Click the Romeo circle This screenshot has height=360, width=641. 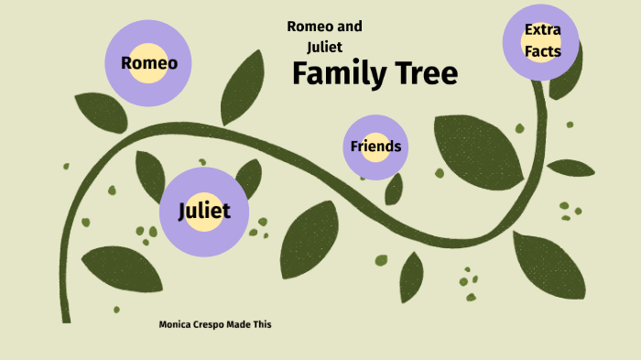pyautogui.click(x=148, y=62)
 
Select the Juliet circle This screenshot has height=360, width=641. pyautogui.click(x=203, y=212)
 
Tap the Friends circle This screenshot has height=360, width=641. pyautogui.click(x=375, y=147)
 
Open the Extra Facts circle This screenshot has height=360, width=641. pyautogui.click(x=542, y=41)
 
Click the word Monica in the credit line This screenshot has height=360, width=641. pyautogui.click(x=177, y=324)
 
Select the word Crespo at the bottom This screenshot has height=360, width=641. pyautogui.click(x=209, y=324)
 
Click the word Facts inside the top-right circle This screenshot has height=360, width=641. pyautogui.click(x=543, y=52)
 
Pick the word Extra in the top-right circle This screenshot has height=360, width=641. pyautogui.click(x=543, y=30)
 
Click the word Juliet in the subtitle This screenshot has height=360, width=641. pyautogui.click(x=325, y=45)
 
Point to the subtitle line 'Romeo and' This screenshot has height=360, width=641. pyautogui.click(x=324, y=27)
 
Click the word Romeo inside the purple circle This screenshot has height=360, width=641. pyautogui.click(x=149, y=63)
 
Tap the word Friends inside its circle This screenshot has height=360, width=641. pyautogui.click(x=375, y=147)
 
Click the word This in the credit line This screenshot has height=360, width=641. pyautogui.click(x=263, y=324)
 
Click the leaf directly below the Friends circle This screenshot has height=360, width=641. pyautogui.click(x=394, y=189)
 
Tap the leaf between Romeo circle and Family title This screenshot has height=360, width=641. pyautogui.click(x=243, y=87)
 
